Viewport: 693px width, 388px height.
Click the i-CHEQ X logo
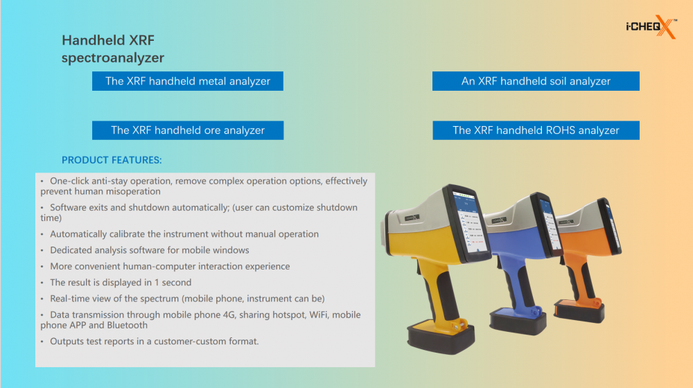pos(651,27)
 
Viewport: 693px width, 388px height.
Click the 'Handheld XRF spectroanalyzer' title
pos(113,48)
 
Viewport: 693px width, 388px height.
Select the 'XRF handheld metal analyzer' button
pos(187,81)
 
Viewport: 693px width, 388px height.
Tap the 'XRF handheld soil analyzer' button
pos(536,81)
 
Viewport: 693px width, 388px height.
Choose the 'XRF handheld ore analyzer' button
pos(187,130)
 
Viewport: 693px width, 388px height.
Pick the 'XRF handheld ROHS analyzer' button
pos(536,130)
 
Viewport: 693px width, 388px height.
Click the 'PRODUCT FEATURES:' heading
pos(112,160)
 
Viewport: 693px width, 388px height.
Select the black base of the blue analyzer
pos(518,323)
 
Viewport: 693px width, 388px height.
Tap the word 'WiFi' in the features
pos(318,315)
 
